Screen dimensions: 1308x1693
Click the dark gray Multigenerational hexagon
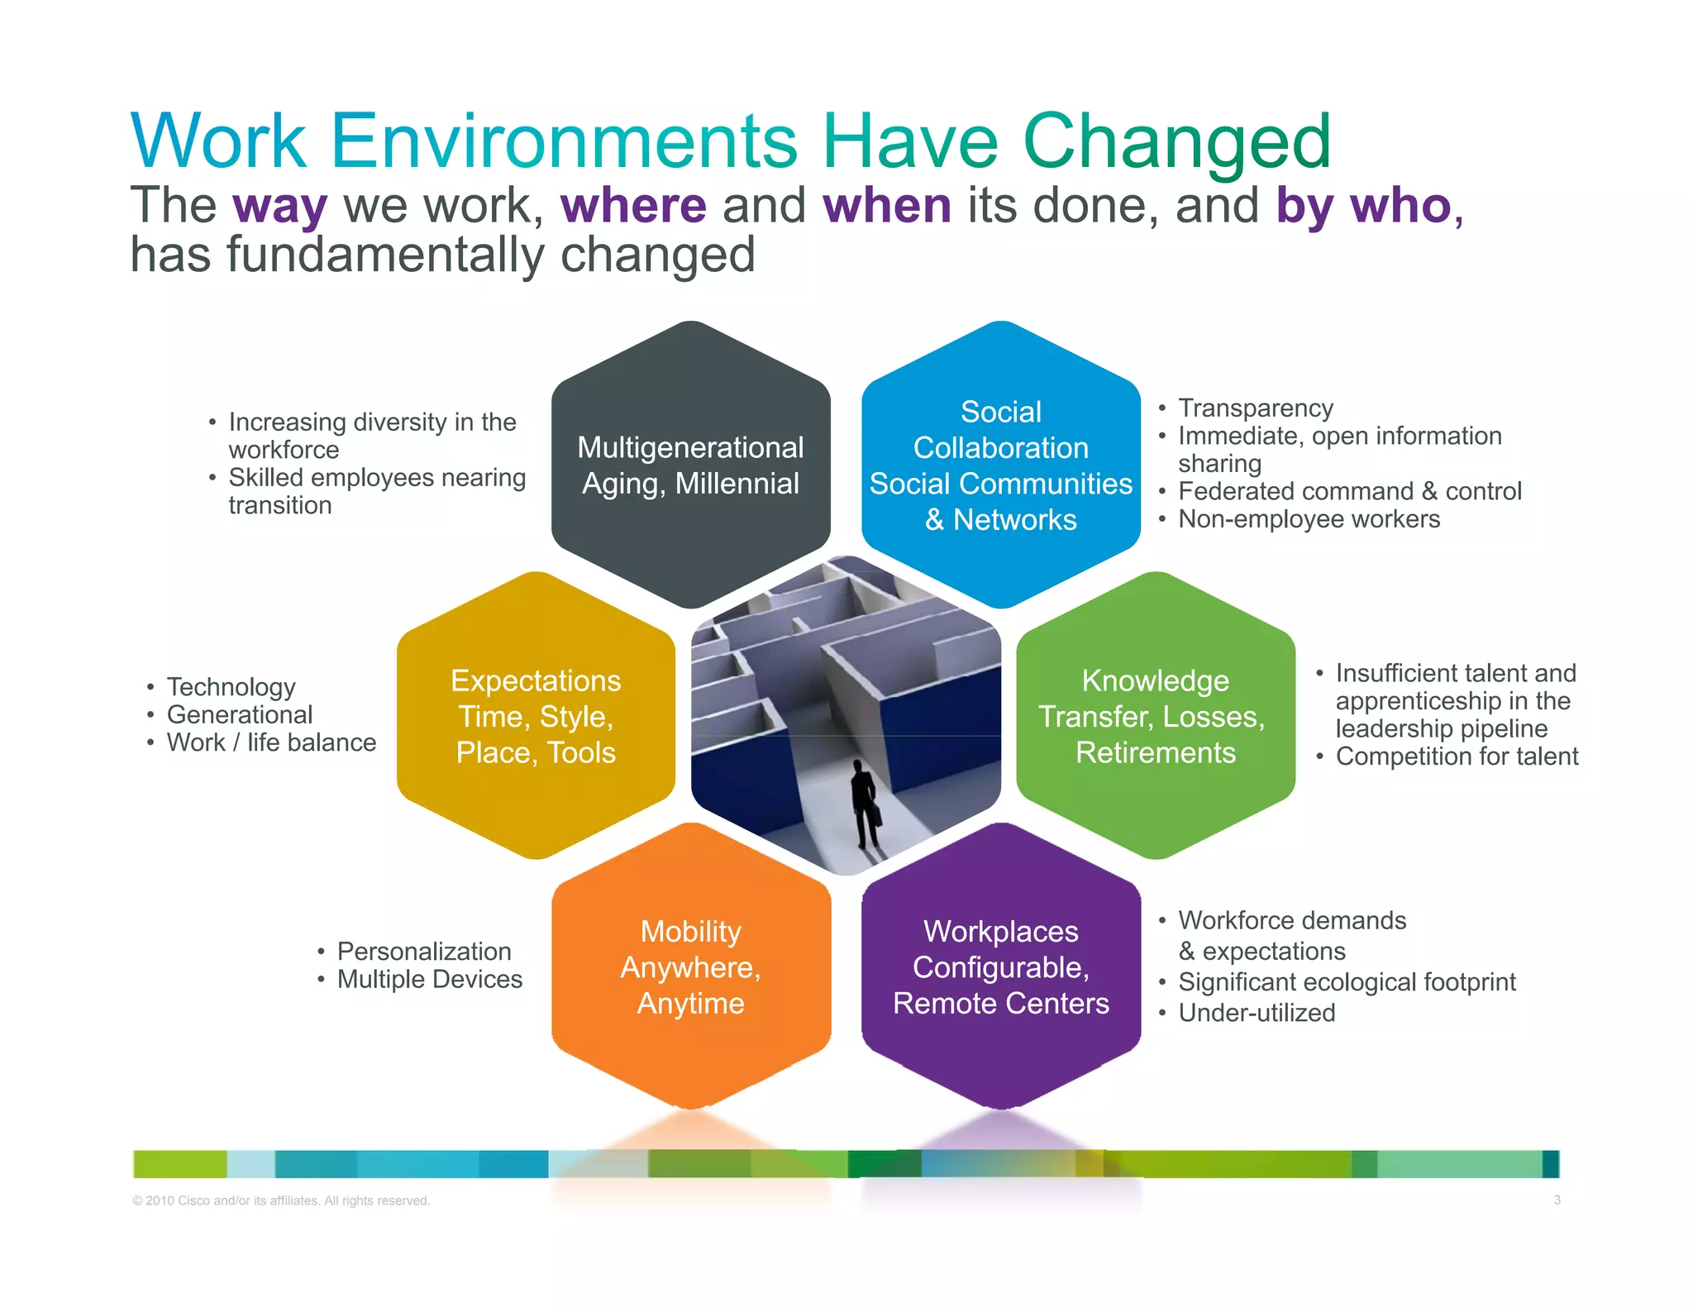pos(690,465)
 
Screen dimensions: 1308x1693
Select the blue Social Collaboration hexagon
pos(1000,465)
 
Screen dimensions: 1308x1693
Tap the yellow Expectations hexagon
pos(536,716)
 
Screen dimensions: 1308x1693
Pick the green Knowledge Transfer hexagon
pos(1155,716)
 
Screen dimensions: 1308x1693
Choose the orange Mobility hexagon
pos(690,967)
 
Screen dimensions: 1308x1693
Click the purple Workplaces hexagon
pos(1000,967)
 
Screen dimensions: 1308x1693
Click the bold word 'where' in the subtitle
pos(633,205)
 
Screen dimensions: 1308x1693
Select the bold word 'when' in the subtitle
pos(887,205)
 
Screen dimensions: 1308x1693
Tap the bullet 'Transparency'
pos(1255,408)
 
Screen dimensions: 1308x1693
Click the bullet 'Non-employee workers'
pos(1309,518)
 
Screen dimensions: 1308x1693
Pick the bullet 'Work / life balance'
pos(271,742)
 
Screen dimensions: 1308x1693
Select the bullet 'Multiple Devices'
pos(429,979)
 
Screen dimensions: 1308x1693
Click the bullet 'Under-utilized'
pos(1257,1012)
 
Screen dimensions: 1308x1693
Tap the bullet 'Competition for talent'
pos(1457,756)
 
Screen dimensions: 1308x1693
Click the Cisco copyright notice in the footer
pos(281,1201)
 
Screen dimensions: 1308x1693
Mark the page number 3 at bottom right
pos(1557,1200)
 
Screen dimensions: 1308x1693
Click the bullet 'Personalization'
pos(423,951)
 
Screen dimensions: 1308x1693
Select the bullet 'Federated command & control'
pos(1349,491)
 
